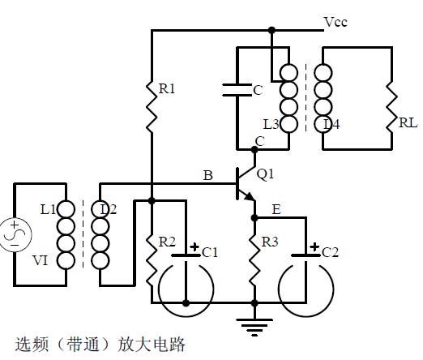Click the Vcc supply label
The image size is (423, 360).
(335, 22)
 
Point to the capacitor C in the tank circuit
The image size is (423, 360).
(237, 90)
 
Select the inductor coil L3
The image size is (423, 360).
(289, 97)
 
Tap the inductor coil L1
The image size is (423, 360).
(67, 235)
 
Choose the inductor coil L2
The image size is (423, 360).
(100, 235)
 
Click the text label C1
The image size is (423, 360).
(210, 252)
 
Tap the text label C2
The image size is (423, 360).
(330, 252)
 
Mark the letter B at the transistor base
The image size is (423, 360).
(207, 176)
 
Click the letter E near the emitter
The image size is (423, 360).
(276, 209)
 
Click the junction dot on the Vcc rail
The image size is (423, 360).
(271, 30)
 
